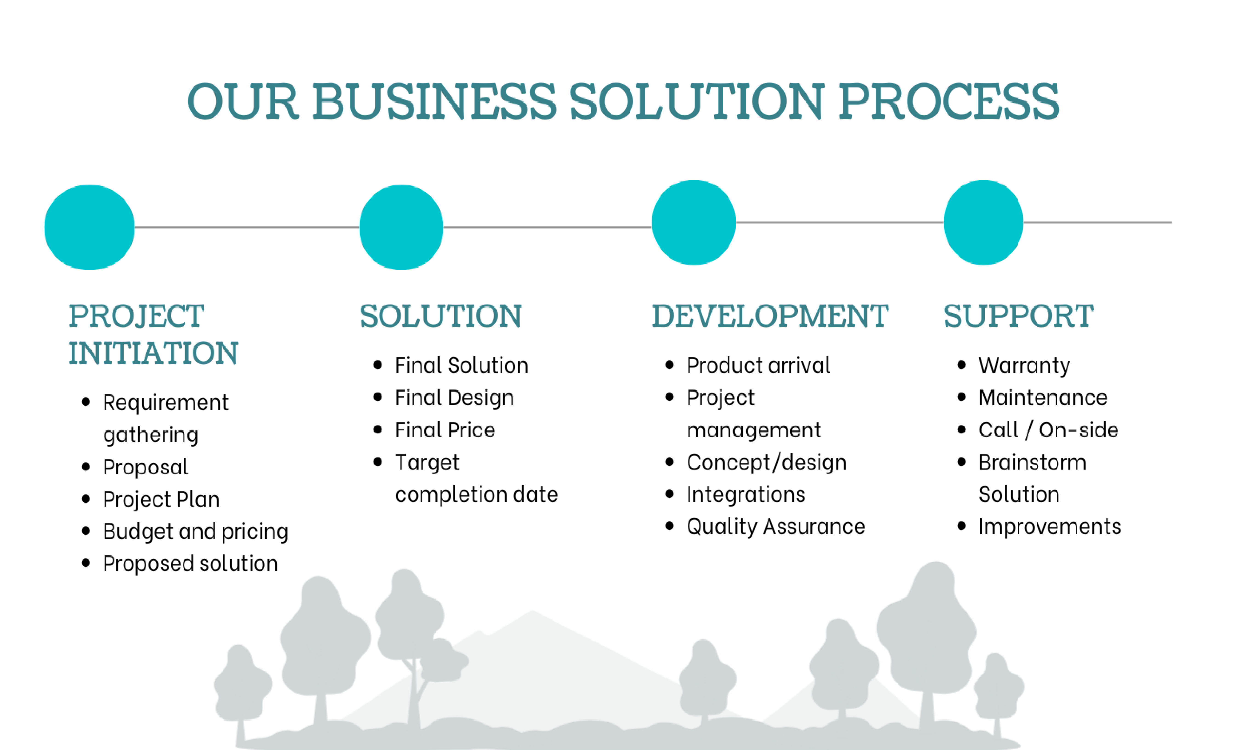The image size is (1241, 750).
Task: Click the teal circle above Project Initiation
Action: (x=90, y=228)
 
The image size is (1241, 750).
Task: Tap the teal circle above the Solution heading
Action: (x=401, y=228)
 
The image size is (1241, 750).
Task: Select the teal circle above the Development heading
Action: (x=694, y=222)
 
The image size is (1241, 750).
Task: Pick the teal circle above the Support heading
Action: (x=984, y=222)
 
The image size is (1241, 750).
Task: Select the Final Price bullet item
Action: (x=445, y=430)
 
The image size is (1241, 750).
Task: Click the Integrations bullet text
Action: (x=746, y=494)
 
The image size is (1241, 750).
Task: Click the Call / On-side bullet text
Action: (x=1049, y=430)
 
